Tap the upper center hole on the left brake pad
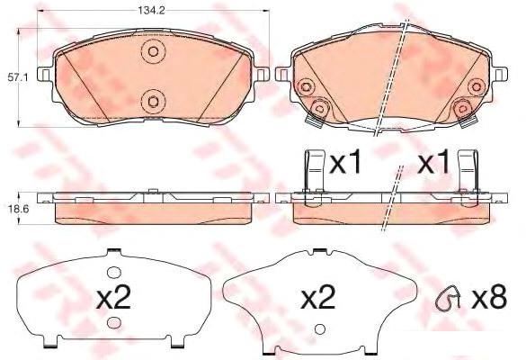tap(154, 51)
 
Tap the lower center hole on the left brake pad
tap(154, 102)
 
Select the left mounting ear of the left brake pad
tap(44, 74)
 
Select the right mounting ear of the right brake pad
tap(500, 74)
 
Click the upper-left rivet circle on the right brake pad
tap(306, 87)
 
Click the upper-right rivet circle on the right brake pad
tap(477, 87)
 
